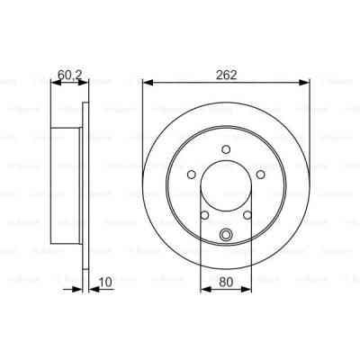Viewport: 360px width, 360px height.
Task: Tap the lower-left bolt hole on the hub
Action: (205, 215)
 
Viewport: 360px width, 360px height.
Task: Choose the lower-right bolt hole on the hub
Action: (247, 215)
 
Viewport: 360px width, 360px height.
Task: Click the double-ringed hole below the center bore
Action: (226, 236)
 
